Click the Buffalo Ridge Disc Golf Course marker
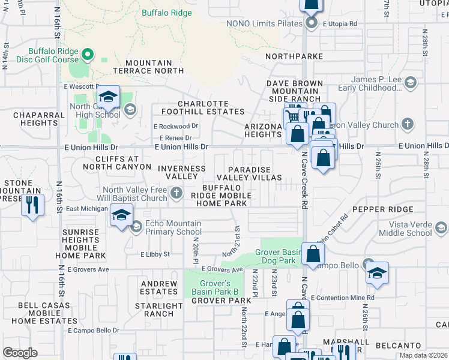pos(87,56)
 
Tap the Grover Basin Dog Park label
pos(278,256)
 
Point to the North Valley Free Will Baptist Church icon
pos(176,193)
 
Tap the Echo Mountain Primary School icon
pos(136,226)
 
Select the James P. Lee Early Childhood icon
pos(411,82)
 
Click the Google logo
pos(20,353)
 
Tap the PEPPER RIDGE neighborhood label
pos(384,209)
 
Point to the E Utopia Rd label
pos(340,24)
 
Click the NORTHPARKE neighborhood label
pos(294,56)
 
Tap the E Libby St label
pos(155,254)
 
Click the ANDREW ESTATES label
pos(159,287)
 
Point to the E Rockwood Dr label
pos(176,127)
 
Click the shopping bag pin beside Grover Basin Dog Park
pos(313,254)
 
